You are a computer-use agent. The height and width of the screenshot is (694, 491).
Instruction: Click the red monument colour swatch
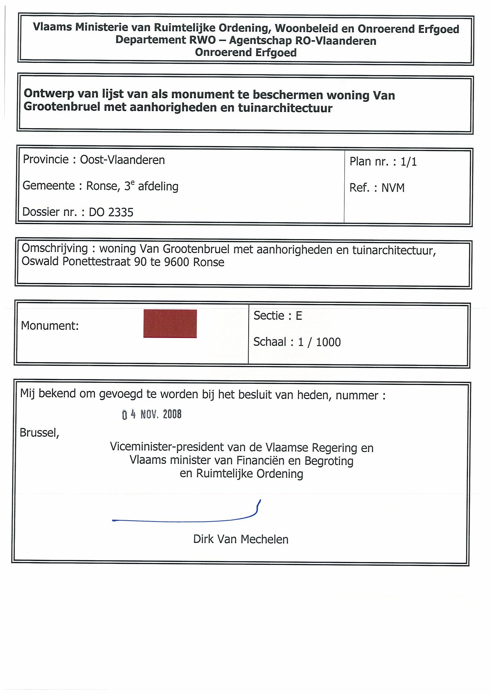click(170, 324)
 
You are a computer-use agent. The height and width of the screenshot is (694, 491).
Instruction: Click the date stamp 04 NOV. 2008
click(152, 414)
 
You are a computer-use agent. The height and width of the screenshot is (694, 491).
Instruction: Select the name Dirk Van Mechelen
click(241, 539)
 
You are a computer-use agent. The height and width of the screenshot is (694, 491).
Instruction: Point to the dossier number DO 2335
click(111, 212)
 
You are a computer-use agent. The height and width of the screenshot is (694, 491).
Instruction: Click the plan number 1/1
click(409, 162)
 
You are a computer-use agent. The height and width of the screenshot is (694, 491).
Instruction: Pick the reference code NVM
click(393, 188)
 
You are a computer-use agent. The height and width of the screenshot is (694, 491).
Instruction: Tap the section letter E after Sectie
click(299, 316)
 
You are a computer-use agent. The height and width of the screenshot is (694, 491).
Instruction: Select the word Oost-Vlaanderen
click(122, 160)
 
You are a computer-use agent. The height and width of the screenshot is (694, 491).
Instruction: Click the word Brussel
click(39, 433)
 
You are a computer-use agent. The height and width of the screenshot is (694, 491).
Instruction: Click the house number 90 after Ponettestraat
click(140, 262)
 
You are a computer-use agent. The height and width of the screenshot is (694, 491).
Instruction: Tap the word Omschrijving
click(55, 249)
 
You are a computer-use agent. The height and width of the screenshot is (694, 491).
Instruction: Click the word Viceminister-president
click(168, 447)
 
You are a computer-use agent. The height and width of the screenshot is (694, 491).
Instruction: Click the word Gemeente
click(48, 186)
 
